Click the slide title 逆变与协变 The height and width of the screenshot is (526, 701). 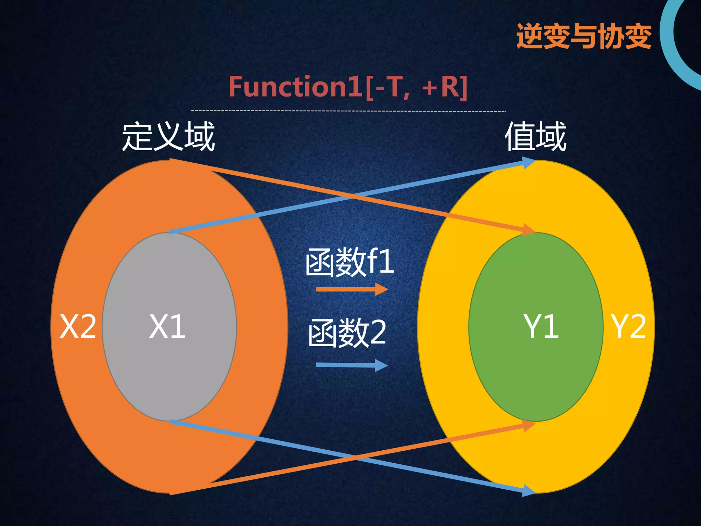pyautogui.click(x=584, y=36)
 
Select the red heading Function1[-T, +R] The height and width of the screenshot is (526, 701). pyautogui.click(x=348, y=87)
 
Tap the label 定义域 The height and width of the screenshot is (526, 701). pyautogui.click(x=168, y=137)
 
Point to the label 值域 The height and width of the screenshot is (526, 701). pyautogui.click(x=536, y=137)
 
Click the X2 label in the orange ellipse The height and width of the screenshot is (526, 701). pyautogui.click(x=78, y=327)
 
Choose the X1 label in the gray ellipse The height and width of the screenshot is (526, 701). pyautogui.click(x=167, y=327)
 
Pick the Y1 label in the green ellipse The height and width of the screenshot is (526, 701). pyautogui.click(x=541, y=327)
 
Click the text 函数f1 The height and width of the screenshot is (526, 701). pyautogui.click(x=350, y=262)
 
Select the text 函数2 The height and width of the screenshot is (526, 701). pyautogui.click(x=347, y=333)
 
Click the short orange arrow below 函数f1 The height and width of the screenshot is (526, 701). pyautogui.click(x=352, y=289)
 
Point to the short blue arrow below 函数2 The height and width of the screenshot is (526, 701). pyautogui.click(x=352, y=365)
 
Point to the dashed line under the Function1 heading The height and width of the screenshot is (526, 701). pyautogui.click(x=348, y=111)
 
